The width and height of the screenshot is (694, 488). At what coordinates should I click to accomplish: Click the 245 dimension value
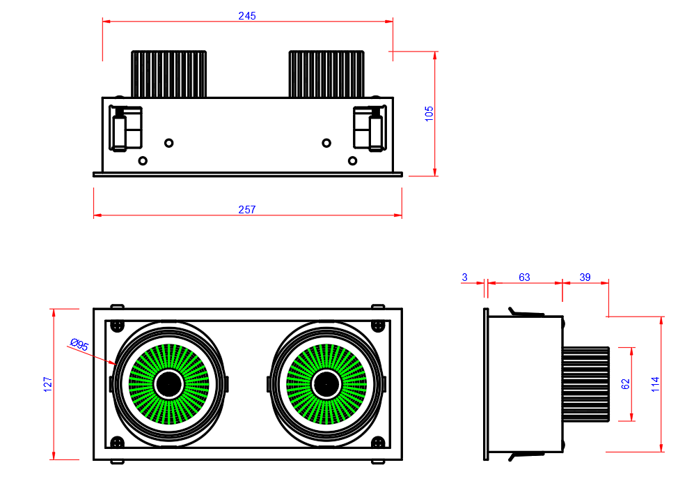[x=247, y=16]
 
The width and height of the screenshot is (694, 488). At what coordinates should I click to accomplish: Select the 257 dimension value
[x=247, y=209]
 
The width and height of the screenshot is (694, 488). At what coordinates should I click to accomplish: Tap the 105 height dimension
[x=429, y=114]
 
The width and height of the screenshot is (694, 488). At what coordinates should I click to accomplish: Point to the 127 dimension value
[x=48, y=383]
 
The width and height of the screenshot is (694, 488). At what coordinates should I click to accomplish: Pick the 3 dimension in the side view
[x=464, y=277]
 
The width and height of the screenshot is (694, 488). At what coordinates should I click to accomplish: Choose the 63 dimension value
[x=524, y=277]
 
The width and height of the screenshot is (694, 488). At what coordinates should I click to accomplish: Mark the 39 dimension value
[x=585, y=277]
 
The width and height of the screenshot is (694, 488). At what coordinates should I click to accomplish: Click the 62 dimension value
[x=625, y=383]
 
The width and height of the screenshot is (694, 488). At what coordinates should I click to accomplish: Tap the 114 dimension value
[x=655, y=383]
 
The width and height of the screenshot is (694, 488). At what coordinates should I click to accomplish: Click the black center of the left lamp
[x=168, y=383]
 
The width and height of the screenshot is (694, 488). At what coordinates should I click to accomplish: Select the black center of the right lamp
[x=326, y=383]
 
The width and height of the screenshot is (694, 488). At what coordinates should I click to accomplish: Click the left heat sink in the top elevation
[x=169, y=73]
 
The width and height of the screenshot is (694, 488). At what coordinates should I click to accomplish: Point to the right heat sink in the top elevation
[x=326, y=73]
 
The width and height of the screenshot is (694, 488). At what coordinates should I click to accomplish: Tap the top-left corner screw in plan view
[x=117, y=325]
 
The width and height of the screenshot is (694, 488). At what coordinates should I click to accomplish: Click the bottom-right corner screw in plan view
[x=378, y=442]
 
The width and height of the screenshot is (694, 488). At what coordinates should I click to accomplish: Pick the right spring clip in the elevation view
[x=370, y=128]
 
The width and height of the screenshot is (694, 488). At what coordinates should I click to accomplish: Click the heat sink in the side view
[x=586, y=383]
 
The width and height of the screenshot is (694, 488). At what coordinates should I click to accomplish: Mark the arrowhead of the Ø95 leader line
[x=114, y=363]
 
